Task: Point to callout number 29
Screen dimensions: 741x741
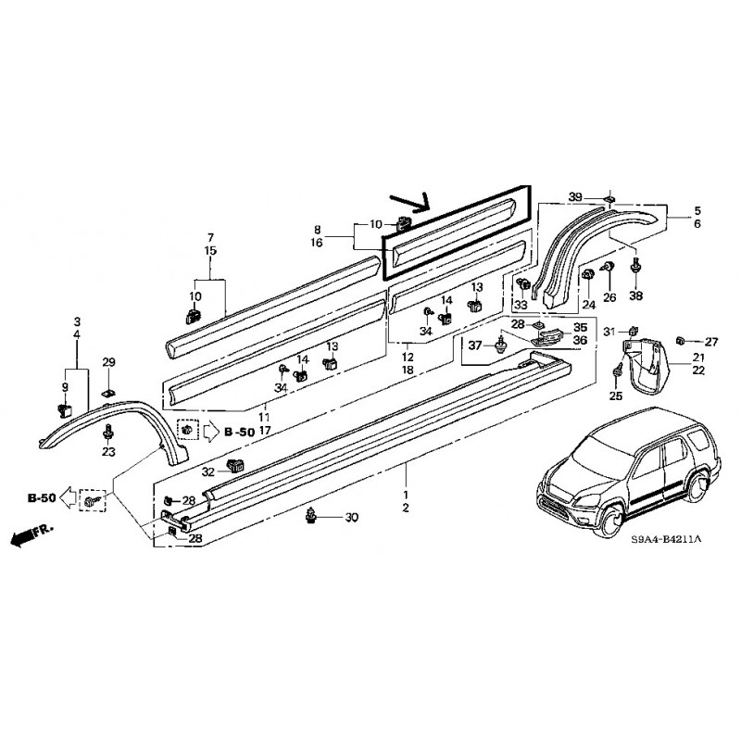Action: pos(107,362)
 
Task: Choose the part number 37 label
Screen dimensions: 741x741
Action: pos(475,345)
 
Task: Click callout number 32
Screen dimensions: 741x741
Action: pos(208,471)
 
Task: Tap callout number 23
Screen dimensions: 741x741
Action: pos(108,452)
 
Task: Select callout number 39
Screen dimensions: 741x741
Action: pos(575,198)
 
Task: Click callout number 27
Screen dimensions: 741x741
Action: pos(711,341)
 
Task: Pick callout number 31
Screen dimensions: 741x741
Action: pos(609,333)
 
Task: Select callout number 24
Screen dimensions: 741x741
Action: pos(586,303)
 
